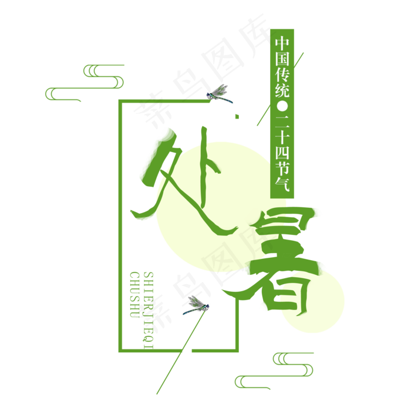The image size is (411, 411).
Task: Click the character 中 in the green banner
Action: click(282, 43)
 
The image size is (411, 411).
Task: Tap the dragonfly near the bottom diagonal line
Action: click(196, 305)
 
